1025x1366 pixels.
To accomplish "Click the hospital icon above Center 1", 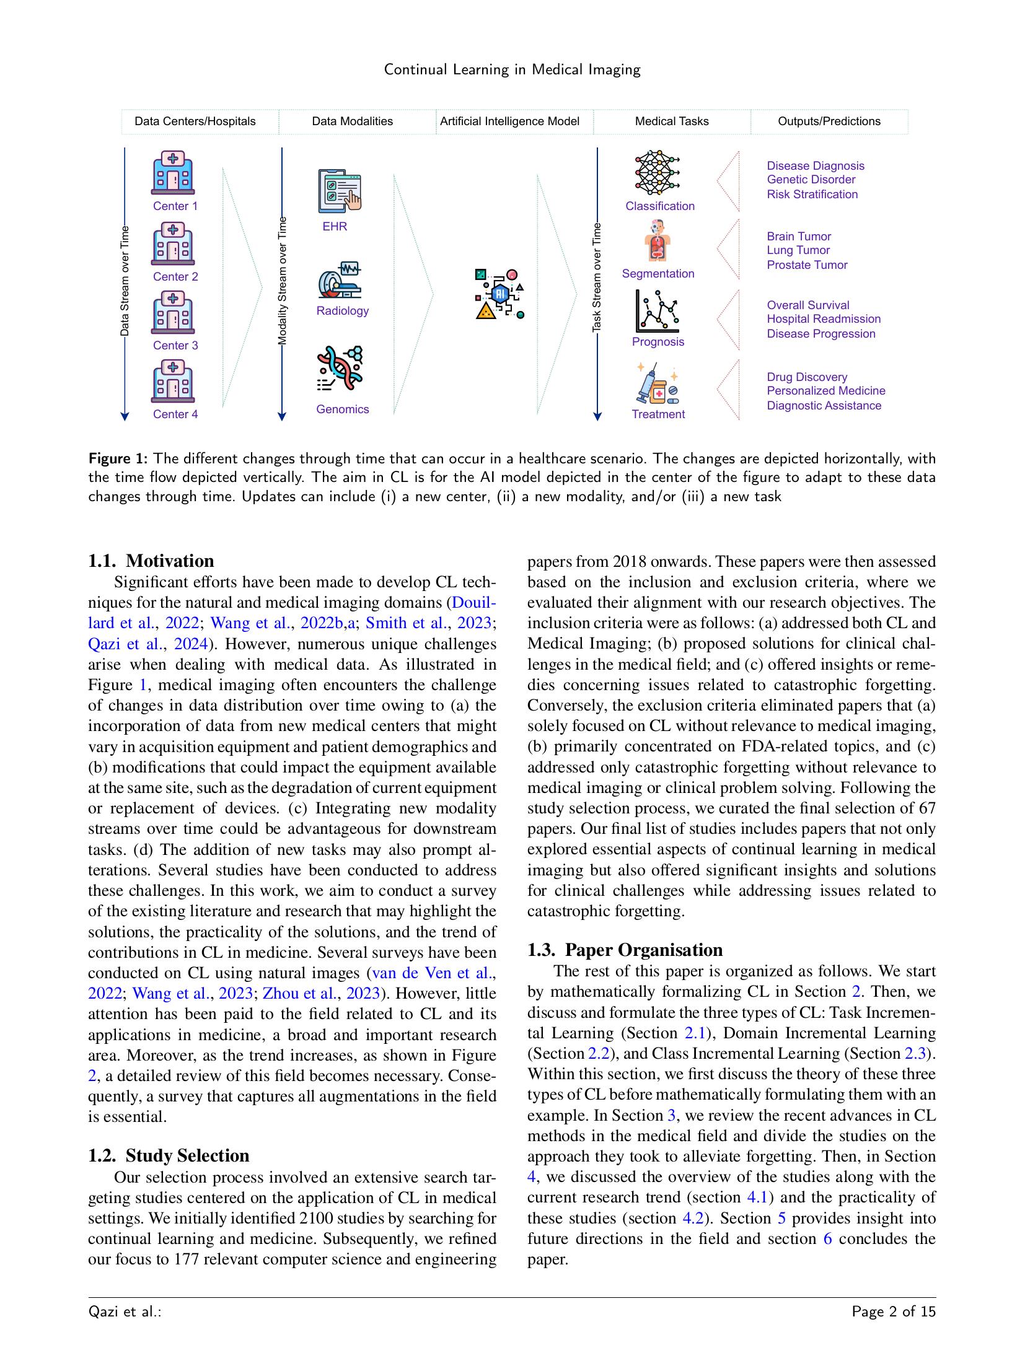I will point(173,173).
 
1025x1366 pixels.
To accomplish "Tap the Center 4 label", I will point(175,414).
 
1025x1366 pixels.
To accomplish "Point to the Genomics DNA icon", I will point(339,369).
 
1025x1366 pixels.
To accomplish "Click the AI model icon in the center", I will point(499,294).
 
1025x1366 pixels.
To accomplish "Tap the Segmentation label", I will point(658,273).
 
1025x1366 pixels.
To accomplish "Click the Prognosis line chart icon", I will point(657,312).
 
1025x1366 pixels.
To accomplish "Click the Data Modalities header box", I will point(352,121).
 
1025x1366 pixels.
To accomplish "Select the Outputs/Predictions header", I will point(829,121).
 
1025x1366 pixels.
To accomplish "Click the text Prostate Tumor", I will point(807,265).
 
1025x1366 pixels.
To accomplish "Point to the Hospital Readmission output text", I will point(823,319).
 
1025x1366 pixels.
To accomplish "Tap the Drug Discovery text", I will point(807,377).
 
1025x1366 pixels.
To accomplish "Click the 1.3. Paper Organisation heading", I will point(625,950).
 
